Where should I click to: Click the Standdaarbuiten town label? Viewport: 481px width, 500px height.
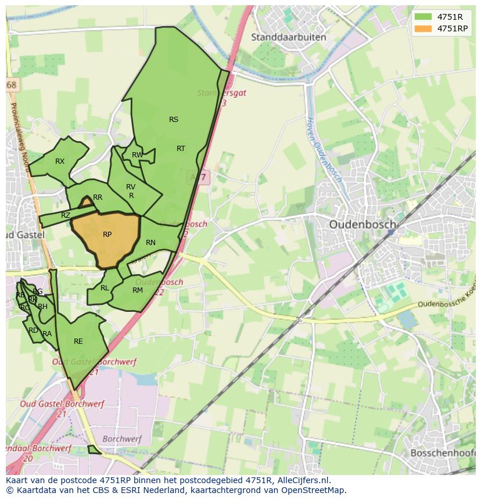[x=289, y=37]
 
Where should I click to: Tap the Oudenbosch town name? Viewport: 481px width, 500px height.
[x=362, y=224]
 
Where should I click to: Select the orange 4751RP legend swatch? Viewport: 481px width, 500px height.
[x=423, y=28]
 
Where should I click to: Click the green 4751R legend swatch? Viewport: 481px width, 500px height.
[x=423, y=17]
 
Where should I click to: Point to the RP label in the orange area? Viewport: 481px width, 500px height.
[x=107, y=235]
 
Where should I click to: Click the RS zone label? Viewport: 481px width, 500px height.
[x=174, y=120]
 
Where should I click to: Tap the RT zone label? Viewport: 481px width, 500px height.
[x=181, y=149]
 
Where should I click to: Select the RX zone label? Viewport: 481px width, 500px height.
[x=60, y=161]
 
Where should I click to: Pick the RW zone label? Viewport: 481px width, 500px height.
[x=137, y=155]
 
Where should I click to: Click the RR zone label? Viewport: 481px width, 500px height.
[x=98, y=197]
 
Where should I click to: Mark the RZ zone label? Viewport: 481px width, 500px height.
[x=66, y=215]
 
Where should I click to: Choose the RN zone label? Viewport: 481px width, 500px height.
[x=150, y=243]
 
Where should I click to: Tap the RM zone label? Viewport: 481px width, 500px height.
[x=138, y=290]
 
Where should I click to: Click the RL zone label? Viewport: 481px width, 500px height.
[x=105, y=288]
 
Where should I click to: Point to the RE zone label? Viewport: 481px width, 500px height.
[x=78, y=341]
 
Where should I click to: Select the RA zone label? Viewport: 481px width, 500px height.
[x=47, y=334]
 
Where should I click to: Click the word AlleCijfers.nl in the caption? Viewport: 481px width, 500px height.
[x=302, y=480]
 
